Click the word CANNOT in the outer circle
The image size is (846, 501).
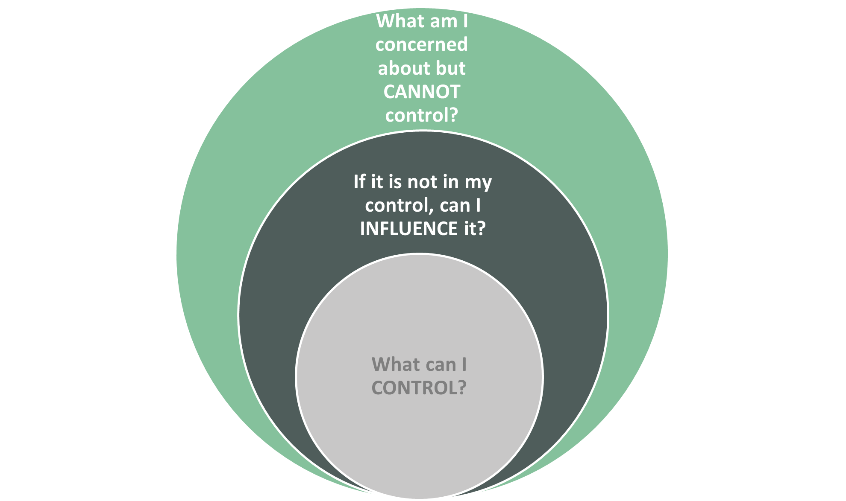[x=421, y=92]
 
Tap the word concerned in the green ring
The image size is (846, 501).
[x=421, y=45]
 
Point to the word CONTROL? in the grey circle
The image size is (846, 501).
[x=419, y=388]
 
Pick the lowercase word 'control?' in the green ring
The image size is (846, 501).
[x=421, y=115]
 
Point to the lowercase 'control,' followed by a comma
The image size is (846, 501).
[x=400, y=206]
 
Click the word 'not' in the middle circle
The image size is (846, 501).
[x=421, y=182]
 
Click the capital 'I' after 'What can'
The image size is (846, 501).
[x=464, y=364]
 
